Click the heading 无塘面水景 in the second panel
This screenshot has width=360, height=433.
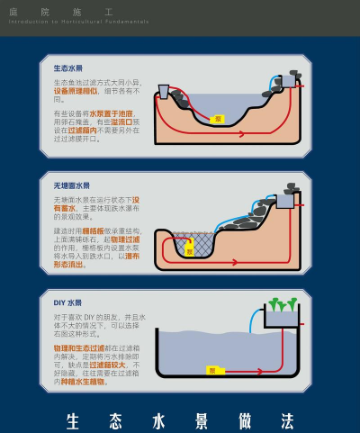tap(71, 185)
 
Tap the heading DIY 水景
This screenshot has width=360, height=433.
tap(67, 303)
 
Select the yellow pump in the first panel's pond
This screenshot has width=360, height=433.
tap(217, 119)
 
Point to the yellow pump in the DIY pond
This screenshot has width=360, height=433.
tap(212, 370)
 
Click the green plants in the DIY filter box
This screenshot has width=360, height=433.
tap(282, 306)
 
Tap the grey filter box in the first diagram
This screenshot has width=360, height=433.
tap(166, 90)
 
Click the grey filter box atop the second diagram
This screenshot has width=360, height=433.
tap(285, 201)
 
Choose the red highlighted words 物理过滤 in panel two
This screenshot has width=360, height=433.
tap(123, 239)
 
